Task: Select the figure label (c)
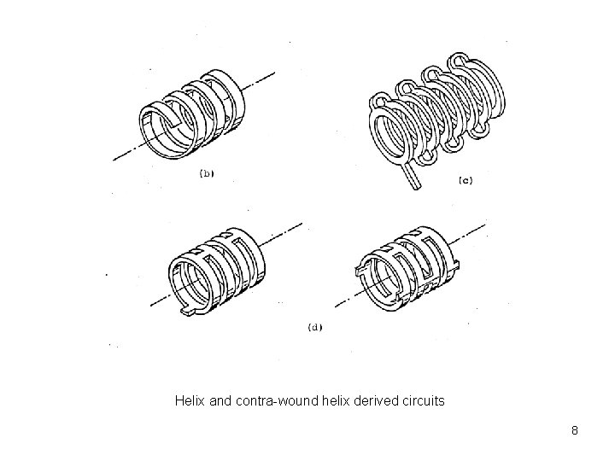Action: pos(466,180)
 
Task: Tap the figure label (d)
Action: pos(313,328)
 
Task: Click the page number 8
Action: pos(575,431)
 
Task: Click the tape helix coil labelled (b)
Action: pos(193,115)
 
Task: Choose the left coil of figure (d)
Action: pos(220,264)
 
